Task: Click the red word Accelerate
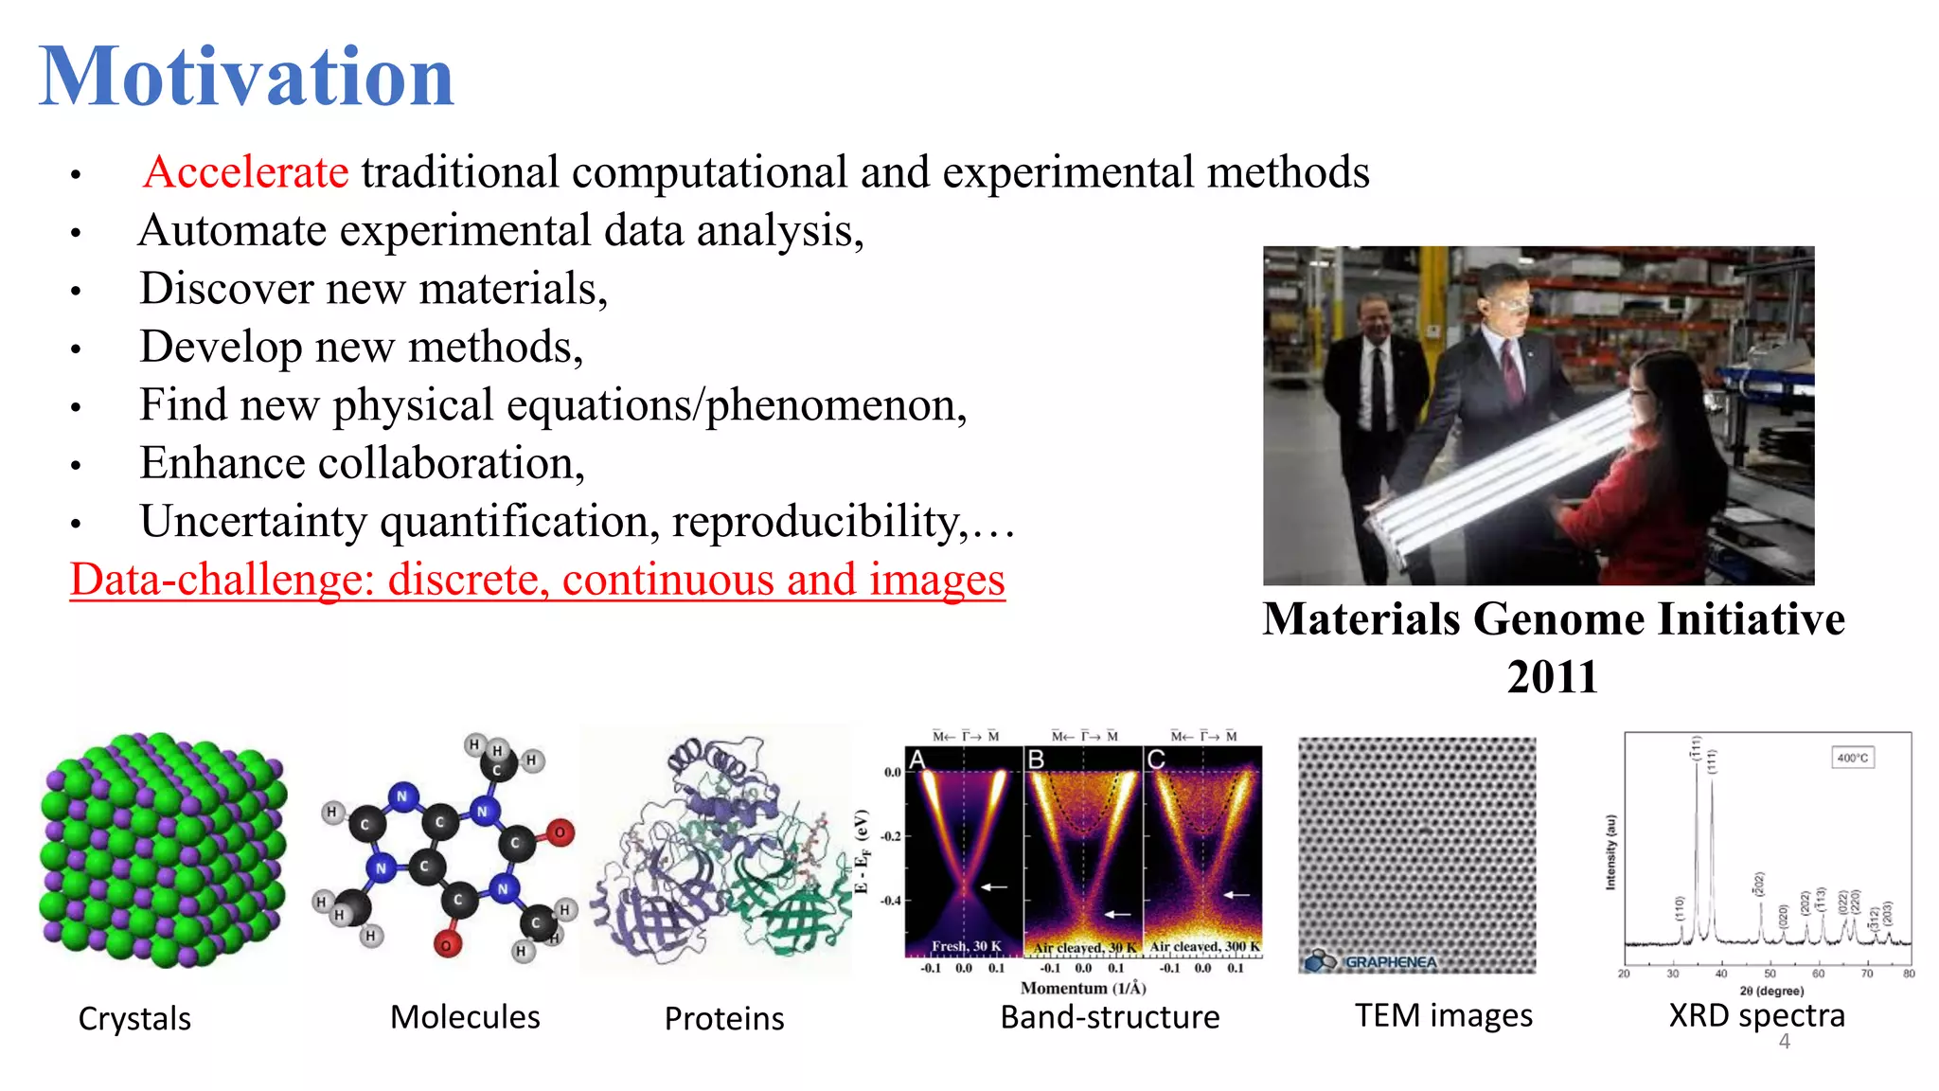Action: [x=246, y=172]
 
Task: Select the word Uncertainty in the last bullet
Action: [x=253, y=521]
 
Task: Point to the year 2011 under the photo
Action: [x=1552, y=677]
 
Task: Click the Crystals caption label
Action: [x=134, y=1019]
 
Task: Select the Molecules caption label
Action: [x=465, y=1017]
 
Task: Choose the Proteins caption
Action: [x=724, y=1019]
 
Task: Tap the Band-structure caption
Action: [x=1110, y=1017]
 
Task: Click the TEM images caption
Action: [x=1443, y=1015]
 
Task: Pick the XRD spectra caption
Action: [x=1756, y=1015]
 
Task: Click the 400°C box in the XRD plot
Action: [x=1852, y=758]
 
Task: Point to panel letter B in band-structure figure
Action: [x=1037, y=760]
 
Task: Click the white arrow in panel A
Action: [x=994, y=887]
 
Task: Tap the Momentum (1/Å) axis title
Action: [x=1083, y=988]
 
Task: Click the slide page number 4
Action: [x=1785, y=1042]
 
